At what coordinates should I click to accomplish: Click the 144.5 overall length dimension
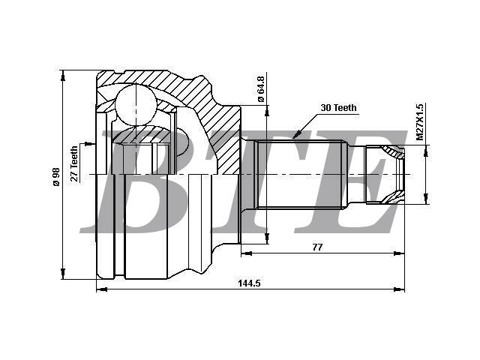(249, 283)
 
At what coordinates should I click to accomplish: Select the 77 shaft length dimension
(317, 247)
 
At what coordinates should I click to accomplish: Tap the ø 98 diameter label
(56, 177)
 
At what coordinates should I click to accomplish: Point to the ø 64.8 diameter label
(261, 89)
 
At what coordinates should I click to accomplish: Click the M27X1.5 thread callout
(420, 121)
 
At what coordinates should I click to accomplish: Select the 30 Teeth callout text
(338, 108)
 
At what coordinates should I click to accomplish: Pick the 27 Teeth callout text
(74, 163)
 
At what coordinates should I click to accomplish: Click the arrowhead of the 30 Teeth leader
(297, 134)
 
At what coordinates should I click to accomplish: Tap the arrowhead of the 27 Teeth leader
(89, 143)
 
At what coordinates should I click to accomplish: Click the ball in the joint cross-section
(135, 105)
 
